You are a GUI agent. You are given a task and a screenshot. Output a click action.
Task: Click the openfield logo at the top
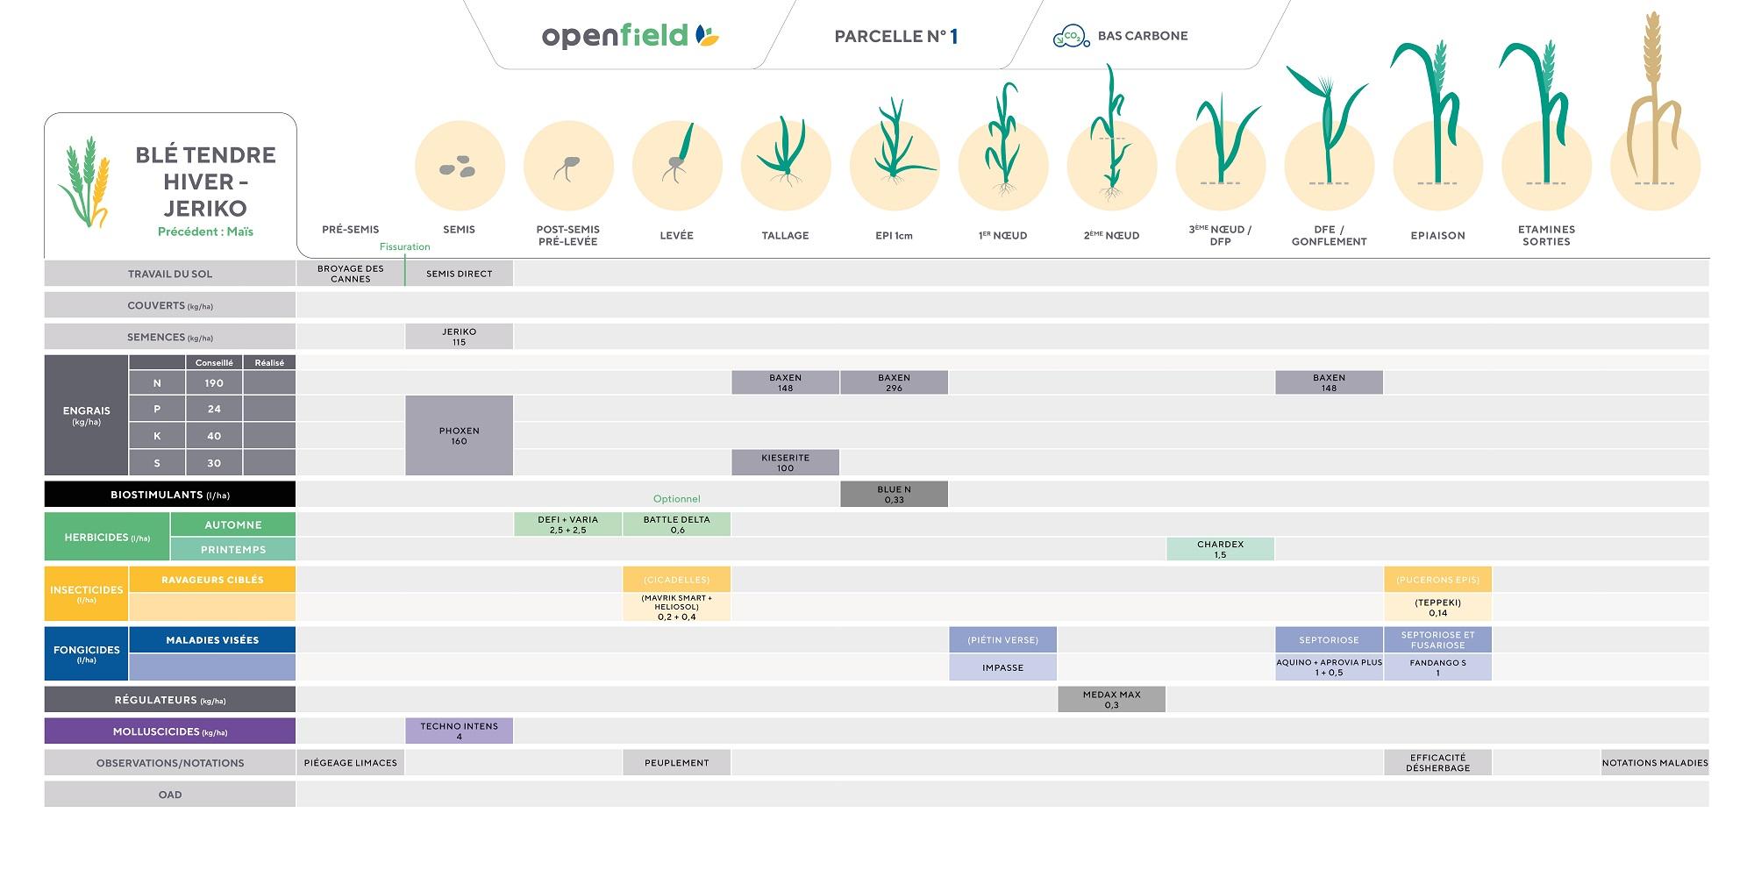(629, 36)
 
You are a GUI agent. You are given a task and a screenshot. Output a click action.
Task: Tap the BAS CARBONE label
(1142, 36)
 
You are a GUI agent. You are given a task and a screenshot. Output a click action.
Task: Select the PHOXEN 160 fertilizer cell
(459, 436)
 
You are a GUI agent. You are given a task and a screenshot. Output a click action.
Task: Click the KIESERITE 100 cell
(785, 463)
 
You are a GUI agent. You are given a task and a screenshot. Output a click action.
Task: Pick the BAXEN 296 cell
(894, 382)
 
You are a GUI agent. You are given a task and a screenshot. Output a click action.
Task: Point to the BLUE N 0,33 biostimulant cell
(894, 495)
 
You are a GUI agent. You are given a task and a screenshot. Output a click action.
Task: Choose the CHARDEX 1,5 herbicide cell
(1220, 549)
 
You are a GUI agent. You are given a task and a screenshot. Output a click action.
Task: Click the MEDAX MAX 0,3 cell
(1111, 700)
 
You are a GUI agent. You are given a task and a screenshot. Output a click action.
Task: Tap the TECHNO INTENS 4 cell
(459, 731)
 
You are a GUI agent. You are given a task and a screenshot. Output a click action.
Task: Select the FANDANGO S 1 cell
(1437, 667)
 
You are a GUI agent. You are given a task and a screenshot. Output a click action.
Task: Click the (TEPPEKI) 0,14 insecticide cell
(1437, 607)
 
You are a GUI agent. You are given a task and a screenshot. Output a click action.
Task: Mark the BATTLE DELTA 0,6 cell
(676, 524)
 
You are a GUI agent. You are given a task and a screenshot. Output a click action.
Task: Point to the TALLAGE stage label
(785, 235)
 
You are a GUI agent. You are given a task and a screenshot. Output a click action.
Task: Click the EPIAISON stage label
(1437, 235)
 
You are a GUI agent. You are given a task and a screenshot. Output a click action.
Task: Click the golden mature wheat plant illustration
(1654, 105)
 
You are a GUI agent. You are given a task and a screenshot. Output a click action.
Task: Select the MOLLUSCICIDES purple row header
(170, 731)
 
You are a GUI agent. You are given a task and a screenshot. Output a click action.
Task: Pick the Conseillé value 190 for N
(214, 383)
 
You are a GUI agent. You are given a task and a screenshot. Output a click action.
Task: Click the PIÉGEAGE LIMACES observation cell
(350, 763)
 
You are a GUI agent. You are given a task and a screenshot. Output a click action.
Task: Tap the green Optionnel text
(676, 499)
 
